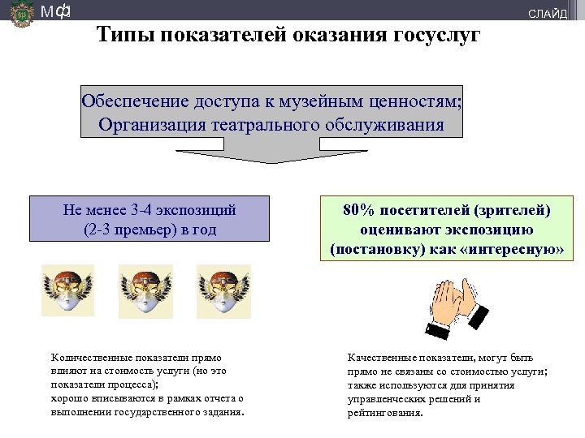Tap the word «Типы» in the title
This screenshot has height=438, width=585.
pos(123,35)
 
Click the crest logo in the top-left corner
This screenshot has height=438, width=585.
pos(22,14)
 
